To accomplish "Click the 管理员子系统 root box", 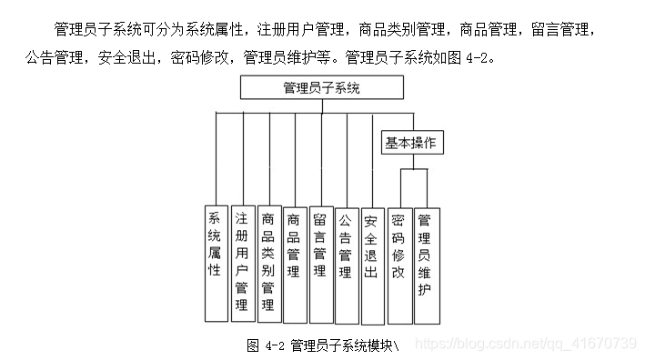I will pos(321,87).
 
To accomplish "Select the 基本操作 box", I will pos(410,143).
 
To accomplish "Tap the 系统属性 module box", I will pos(216,263).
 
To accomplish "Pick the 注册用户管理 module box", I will pos(241,263).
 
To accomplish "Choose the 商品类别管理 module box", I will pos(267,263).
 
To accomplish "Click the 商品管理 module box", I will pos(294,263).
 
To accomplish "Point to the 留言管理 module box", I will pos(320,263).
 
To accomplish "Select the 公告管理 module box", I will pos(346,263).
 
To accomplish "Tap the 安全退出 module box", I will pos(371,263).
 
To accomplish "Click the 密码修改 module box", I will pos(398,263).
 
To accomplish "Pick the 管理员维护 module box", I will pos(425,263).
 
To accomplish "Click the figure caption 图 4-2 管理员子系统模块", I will pos(323,345).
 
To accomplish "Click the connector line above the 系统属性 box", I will pos(216,159).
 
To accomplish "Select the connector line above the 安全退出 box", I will pos(372,159).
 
